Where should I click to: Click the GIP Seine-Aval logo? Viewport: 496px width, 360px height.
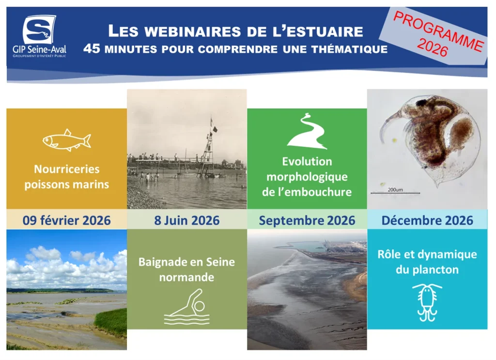[39, 36]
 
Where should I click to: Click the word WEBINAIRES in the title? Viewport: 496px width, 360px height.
[193, 31]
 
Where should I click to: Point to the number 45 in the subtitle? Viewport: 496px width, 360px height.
[92, 49]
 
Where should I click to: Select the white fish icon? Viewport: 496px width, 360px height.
[67, 140]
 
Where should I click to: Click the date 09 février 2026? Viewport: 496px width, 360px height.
[66, 220]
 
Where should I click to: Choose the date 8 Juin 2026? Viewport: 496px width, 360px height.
[186, 220]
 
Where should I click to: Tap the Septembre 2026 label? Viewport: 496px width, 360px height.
[307, 220]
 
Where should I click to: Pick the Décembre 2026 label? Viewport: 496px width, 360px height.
[427, 220]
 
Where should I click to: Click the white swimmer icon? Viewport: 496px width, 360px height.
[187, 307]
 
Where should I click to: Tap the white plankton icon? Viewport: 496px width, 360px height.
[427, 303]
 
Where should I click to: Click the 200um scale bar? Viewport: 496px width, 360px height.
[395, 193]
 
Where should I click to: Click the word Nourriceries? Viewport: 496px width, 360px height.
[67, 169]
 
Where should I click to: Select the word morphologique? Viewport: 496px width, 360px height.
[307, 177]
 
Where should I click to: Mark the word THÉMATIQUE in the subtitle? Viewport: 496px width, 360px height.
[349, 49]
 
